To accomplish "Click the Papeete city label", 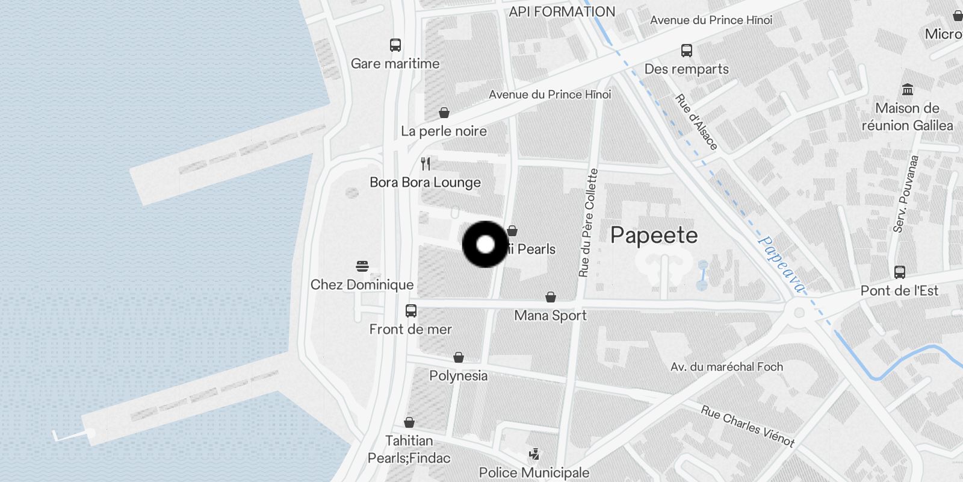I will coord(654,235).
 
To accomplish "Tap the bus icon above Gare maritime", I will coord(395,45).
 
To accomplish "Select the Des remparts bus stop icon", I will coord(687,51).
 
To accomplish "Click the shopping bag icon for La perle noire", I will coord(444,113).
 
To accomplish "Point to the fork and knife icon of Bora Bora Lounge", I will coord(426,163).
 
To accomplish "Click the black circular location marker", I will coord(485,245).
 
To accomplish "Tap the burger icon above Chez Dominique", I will coord(362,266).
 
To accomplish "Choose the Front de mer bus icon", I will coord(411,311).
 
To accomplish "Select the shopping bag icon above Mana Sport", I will coord(550,297).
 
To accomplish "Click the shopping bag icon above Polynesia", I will coord(459,357).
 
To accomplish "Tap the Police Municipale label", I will coord(534,472).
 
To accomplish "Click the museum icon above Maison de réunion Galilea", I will coord(908,90).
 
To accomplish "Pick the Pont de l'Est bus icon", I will coord(900,272).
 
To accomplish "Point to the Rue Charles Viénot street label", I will coord(748,426).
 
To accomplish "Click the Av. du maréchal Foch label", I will coord(726,366).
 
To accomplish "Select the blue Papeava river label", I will coord(781,264).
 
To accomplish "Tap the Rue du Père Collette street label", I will coord(588,223).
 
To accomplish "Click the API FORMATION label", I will coord(562,11).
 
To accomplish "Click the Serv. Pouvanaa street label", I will coord(906,193).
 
